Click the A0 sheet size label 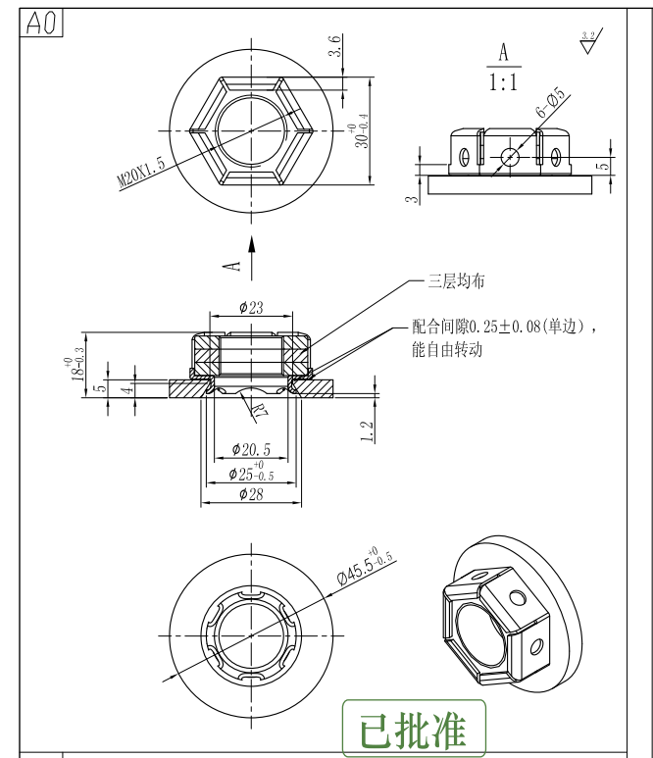click(42, 25)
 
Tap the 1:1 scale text click(503, 82)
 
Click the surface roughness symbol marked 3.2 click(587, 41)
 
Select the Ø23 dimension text click(251, 308)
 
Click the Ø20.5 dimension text click(251, 449)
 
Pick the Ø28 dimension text click(251, 494)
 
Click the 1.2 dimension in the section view click(366, 431)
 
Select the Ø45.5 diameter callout click(365, 567)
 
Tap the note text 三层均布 click(456, 281)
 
